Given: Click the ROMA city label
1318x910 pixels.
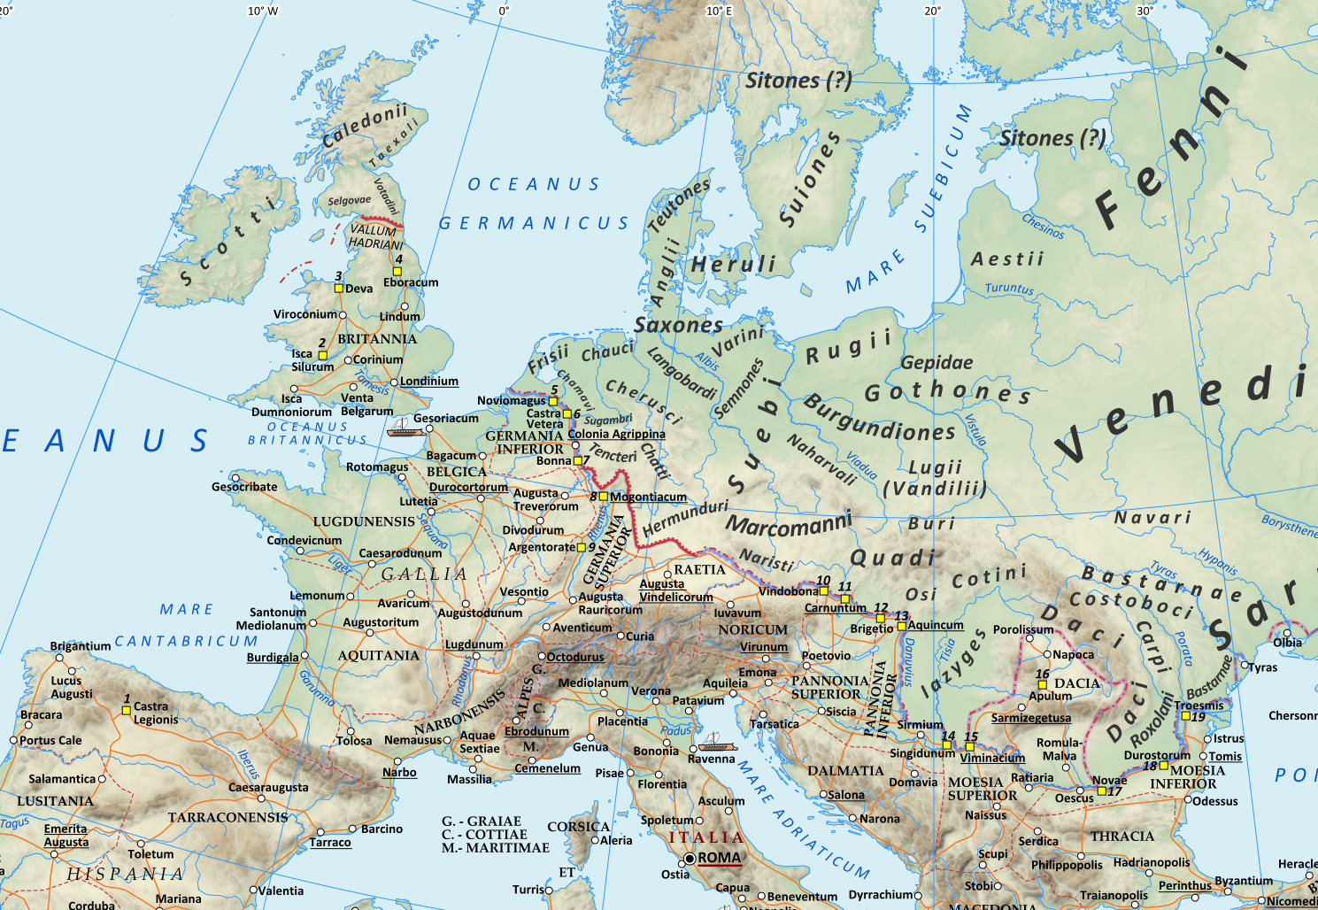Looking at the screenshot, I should (x=719, y=857).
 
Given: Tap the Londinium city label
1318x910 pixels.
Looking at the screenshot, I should (x=428, y=381).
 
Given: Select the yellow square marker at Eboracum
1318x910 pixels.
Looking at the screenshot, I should (x=397, y=271).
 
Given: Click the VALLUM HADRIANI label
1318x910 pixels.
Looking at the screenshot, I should (x=374, y=236).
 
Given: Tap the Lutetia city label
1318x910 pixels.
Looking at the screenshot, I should (x=418, y=501).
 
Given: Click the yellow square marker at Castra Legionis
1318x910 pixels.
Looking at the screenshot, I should (x=127, y=710).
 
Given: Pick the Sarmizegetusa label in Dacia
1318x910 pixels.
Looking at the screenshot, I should (x=1030, y=718).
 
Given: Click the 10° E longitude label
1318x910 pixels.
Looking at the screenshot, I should (x=719, y=11).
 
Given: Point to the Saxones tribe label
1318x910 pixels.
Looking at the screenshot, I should (x=678, y=325).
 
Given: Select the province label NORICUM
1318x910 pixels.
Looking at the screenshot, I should (x=752, y=629).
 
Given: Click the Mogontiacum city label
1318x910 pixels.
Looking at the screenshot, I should (x=648, y=497).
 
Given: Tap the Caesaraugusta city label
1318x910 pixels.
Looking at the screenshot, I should (x=268, y=787).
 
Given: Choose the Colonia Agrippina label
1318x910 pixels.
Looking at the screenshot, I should (x=616, y=434).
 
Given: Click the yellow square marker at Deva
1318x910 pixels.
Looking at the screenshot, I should (x=338, y=288).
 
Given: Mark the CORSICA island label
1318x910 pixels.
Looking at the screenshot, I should (x=578, y=826).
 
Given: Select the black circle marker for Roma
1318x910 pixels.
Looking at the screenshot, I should (x=690, y=858).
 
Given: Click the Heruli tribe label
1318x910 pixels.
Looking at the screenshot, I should (x=733, y=264).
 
